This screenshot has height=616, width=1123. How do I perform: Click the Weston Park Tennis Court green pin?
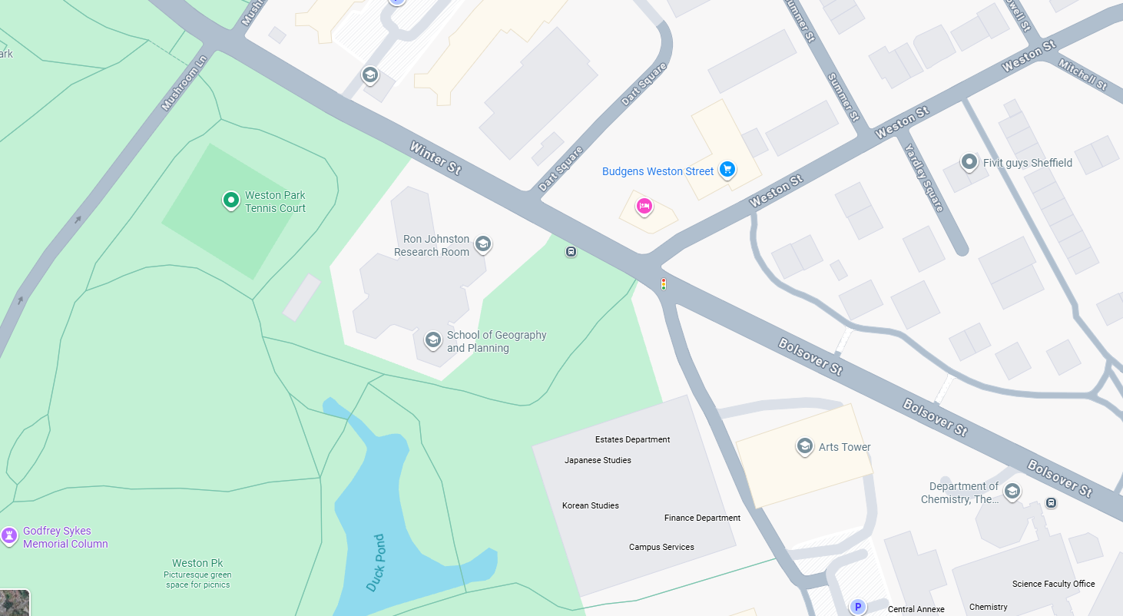pos(230,200)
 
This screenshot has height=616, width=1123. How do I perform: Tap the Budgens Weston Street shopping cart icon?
pos(727,170)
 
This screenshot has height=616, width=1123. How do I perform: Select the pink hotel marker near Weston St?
pos(644,206)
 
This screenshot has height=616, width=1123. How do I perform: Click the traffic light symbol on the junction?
pos(664,284)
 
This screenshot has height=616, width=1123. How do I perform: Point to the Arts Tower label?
pos(844,447)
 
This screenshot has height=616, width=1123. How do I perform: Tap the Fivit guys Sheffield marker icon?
pos(969,162)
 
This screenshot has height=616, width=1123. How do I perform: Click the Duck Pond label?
pos(376,563)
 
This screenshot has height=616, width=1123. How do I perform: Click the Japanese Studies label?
pos(598,460)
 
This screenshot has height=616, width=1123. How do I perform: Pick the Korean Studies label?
pos(590,505)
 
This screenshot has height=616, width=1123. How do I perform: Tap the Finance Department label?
pos(702,518)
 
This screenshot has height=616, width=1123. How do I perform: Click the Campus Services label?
pos(661,547)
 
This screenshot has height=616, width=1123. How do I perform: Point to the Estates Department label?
pos(632,439)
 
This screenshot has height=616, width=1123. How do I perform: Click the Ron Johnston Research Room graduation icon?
pos(482,244)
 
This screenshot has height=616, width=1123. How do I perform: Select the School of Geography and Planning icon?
pos(433,339)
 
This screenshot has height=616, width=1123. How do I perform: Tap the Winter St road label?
pos(435,157)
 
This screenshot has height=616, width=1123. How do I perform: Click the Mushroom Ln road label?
pos(184,82)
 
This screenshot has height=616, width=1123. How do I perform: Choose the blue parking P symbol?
pos(857,607)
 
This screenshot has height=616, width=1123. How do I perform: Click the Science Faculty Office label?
pos(1053,584)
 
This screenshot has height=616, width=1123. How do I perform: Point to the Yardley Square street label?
pos(923,177)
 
